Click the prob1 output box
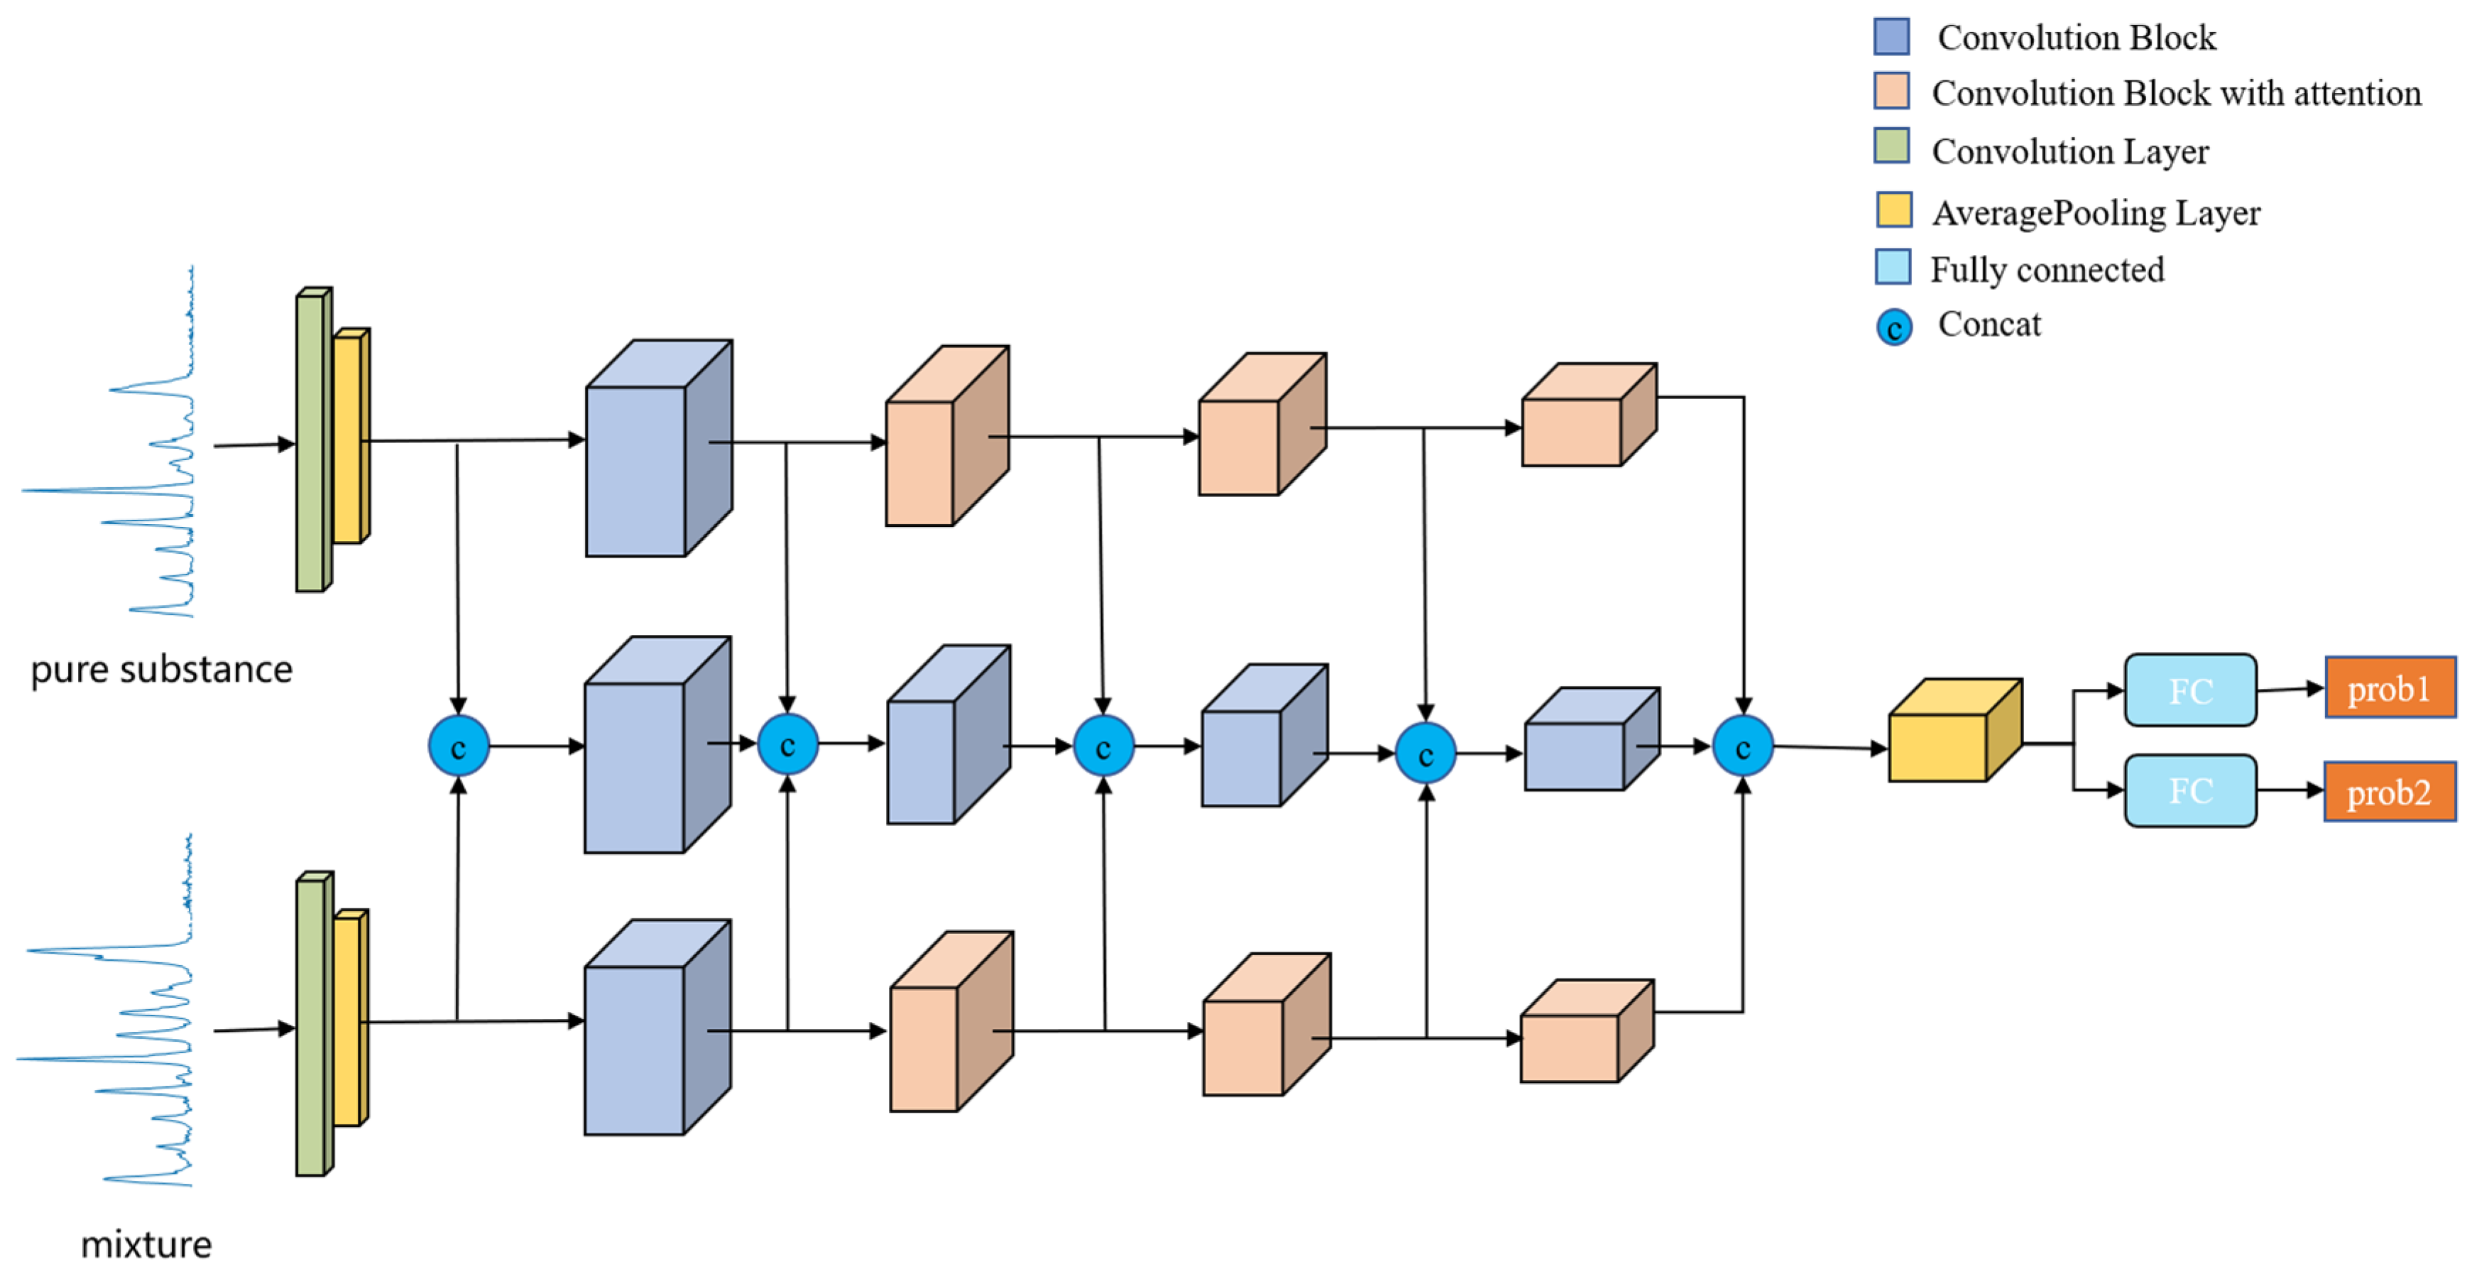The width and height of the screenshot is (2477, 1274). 2390,687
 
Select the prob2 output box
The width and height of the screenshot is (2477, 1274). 2390,791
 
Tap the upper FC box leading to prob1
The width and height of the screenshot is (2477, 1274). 2189,690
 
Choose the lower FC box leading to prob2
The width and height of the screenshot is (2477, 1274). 2189,790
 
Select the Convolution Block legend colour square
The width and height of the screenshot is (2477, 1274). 1891,36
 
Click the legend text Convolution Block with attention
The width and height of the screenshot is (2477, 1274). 2175,93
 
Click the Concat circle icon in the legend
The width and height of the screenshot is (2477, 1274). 1893,327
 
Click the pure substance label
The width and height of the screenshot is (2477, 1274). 162,668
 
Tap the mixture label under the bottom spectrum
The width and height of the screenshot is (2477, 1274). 146,1243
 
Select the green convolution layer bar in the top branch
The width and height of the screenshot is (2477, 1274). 310,442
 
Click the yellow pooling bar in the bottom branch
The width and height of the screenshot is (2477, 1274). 347,1021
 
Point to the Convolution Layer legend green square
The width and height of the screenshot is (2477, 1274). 1891,146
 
